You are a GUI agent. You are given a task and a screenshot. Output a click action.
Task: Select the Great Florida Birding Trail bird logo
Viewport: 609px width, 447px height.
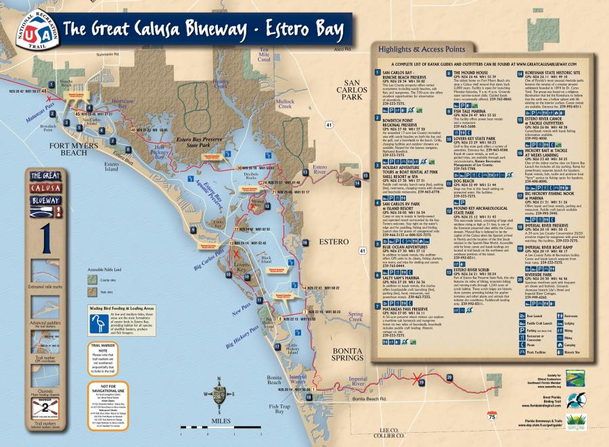click(577, 400)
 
